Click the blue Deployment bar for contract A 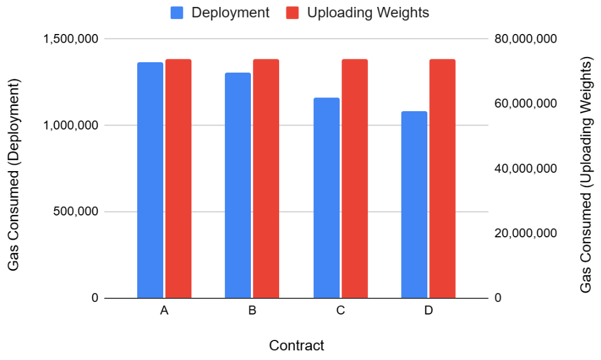tap(150, 180)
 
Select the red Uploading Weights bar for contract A tap(178, 179)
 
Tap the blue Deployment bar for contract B tap(238, 185)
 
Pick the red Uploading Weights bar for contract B tap(266, 179)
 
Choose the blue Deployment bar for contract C tap(326, 198)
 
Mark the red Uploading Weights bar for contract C tap(355, 179)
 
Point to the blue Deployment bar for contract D tap(414, 204)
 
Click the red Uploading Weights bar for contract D tap(442, 179)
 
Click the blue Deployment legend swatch tap(177, 13)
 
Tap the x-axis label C tap(340, 311)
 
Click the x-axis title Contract tap(296, 346)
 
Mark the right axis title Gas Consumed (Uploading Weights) tap(586, 174)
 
